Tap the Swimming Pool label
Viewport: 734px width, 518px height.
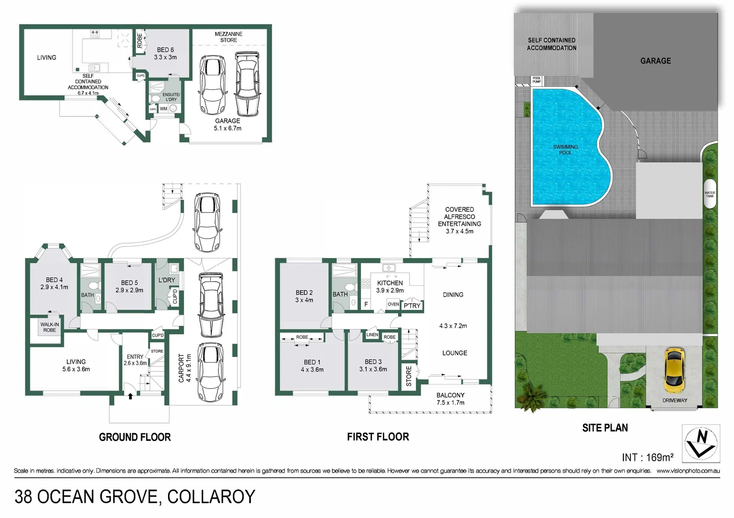565,150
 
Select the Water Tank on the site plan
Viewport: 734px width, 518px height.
710,194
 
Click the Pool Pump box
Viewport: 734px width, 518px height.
537,80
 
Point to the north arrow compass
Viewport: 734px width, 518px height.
701,443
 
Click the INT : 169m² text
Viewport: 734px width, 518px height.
647,457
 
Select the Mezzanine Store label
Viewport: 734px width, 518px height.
229,37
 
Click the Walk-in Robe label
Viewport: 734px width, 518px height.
49,327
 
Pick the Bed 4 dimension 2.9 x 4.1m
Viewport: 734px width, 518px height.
54,287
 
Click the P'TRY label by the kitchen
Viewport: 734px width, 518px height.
412,306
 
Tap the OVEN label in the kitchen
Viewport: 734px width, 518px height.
393,304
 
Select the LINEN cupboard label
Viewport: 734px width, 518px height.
373,335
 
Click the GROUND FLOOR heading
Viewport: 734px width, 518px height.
135,437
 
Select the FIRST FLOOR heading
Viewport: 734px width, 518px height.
378,436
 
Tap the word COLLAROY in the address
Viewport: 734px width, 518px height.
211,497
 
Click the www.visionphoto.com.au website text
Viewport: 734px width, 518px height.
688,471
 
